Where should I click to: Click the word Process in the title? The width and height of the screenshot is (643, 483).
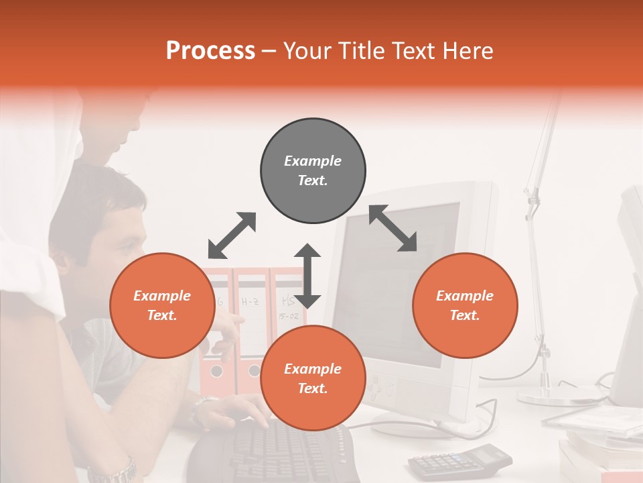point(210,51)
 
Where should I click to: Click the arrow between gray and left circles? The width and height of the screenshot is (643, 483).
point(232,235)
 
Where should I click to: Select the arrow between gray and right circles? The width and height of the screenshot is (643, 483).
point(393,229)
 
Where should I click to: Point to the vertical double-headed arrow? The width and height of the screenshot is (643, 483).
point(307,276)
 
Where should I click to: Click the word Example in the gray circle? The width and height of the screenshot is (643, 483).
point(313,161)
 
